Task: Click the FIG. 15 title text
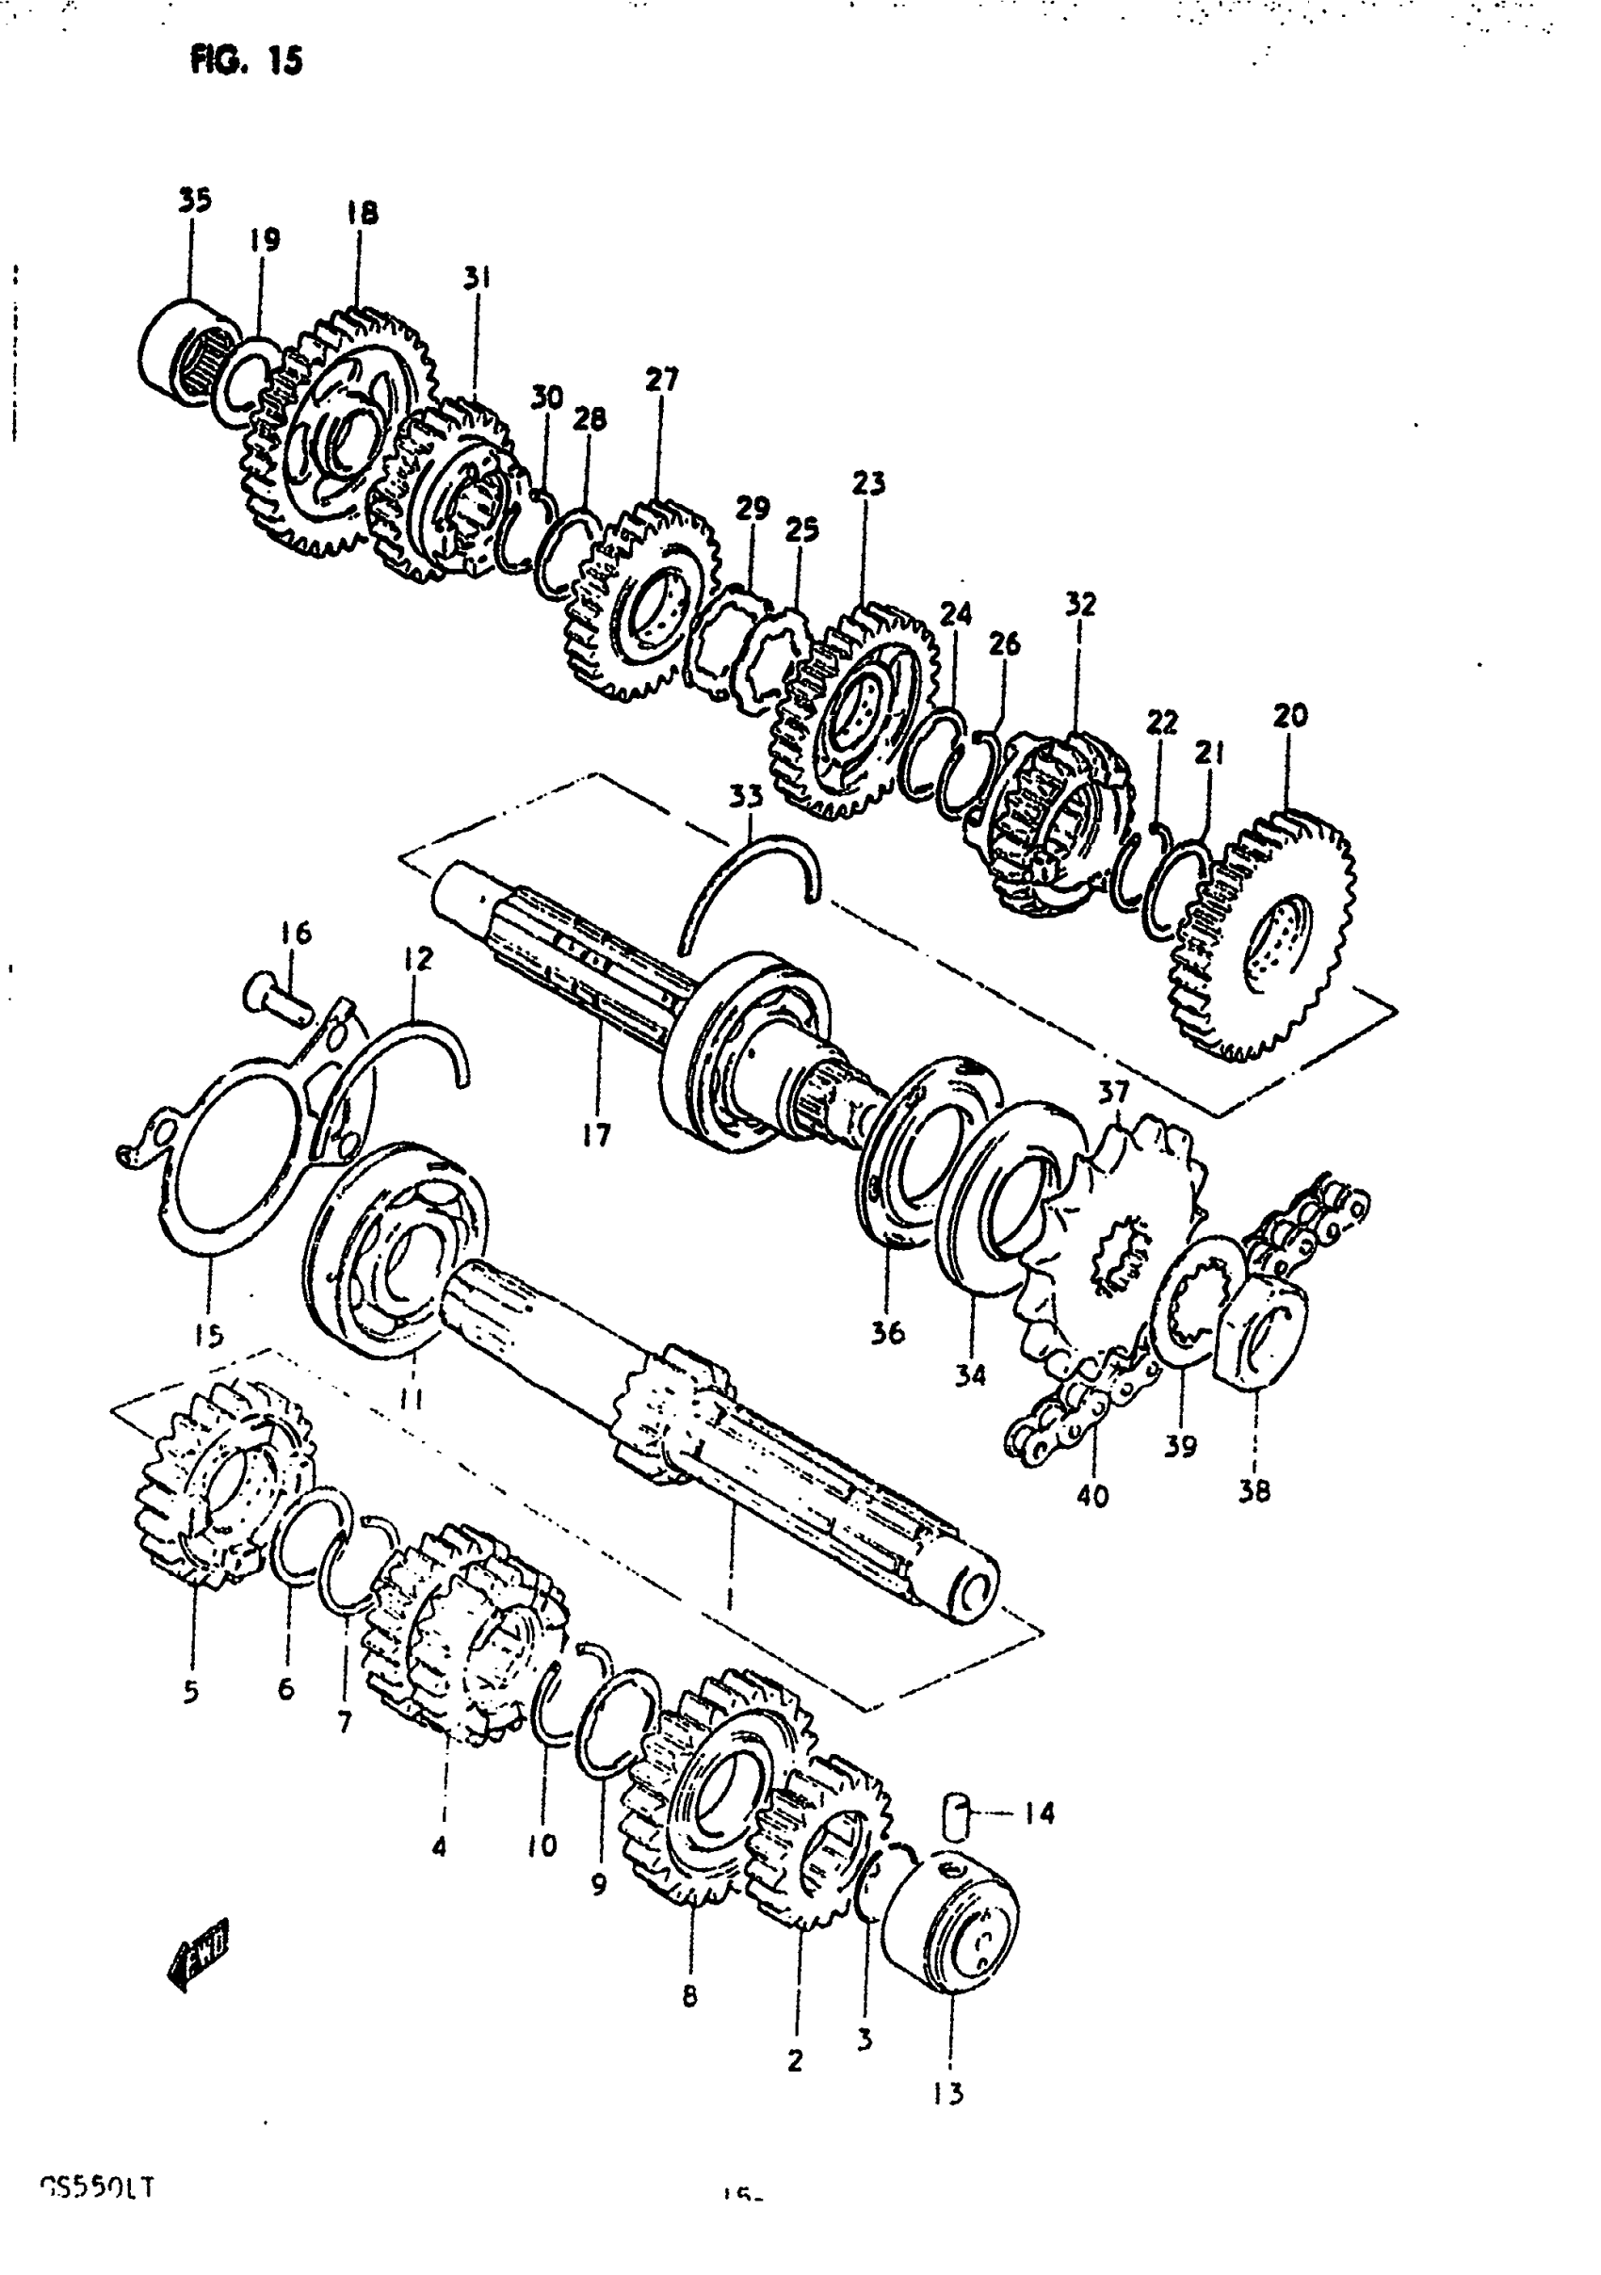[246, 61]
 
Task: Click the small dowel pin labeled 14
[955, 1814]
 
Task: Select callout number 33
[746, 797]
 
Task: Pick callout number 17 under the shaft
[596, 1135]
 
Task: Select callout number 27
[662, 380]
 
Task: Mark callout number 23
[868, 483]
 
